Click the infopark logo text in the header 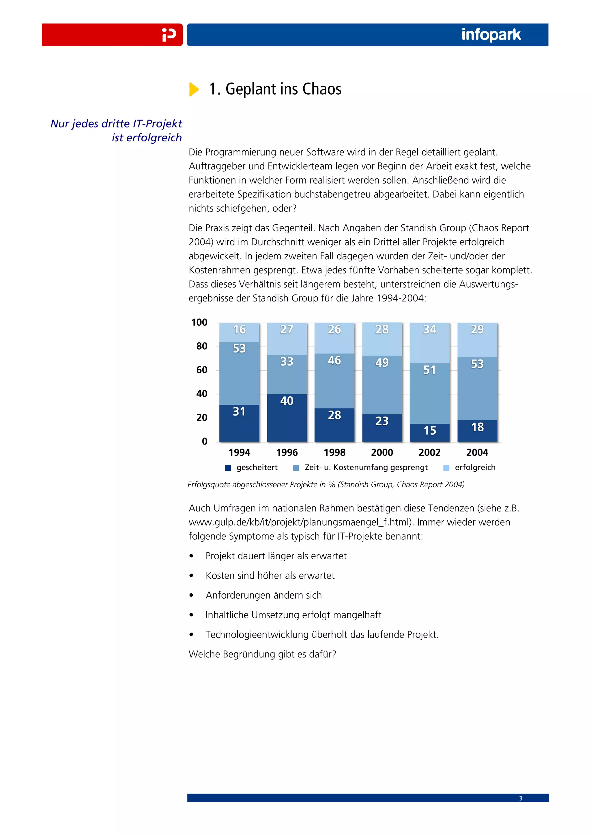(491, 35)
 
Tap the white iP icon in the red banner (169, 35)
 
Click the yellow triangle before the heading (194, 89)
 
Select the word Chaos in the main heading (321, 89)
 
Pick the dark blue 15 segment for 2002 (429, 433)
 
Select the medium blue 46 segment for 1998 (334, 380)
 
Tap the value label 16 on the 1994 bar (239, 329)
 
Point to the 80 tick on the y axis (202, 346)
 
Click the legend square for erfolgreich (446, 468)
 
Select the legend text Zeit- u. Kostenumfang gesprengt (366, 468)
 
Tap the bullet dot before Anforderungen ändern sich (191, 595)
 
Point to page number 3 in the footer (520, 798)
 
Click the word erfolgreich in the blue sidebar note (154, 138)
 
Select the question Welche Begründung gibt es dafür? (262, 654)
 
